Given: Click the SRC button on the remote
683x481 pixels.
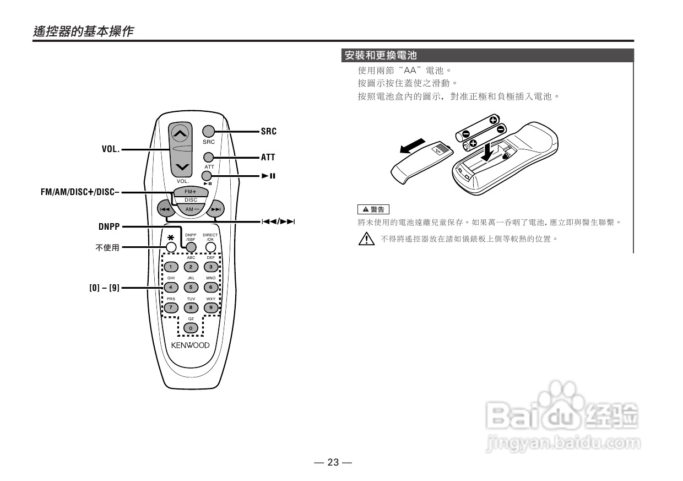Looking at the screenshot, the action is [x=208, y=131].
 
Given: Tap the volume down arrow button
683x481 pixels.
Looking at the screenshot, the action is [x=183, y=167].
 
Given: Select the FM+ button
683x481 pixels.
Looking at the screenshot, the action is [x=191, y=191].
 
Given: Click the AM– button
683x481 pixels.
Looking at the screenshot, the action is [x=191, y=209].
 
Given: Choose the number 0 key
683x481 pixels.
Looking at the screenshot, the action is [x=191, y=328].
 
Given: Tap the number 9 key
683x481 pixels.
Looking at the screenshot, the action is [x=210, y=307].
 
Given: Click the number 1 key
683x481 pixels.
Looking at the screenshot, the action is [x=171, y=267].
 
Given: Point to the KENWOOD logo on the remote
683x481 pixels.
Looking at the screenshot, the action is [x=190, y=345].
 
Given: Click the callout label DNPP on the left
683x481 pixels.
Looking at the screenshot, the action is [x=109, y=226].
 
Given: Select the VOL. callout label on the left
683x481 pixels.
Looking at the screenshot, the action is [x=110, y=149].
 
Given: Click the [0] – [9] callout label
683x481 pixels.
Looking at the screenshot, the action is [x=104, y=288].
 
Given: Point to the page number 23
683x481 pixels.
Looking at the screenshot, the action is [x=333, y=462].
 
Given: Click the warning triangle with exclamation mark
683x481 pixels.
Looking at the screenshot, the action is [x=365, y=239].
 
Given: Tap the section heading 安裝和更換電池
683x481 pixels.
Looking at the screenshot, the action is [x=381, y=56].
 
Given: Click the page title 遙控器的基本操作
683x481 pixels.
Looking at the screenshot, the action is [x=83, y=31].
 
